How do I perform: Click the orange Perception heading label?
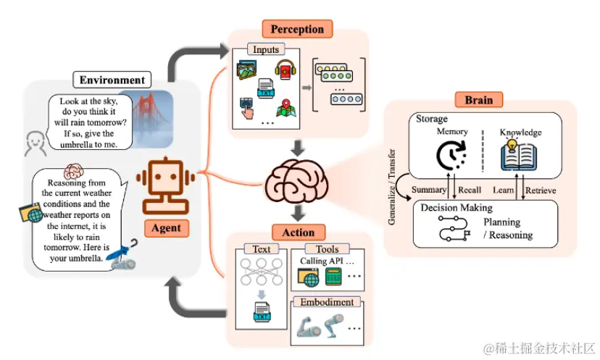click(x=297, y=29)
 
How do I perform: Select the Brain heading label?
click(x=479, y=100)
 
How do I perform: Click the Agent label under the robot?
click(x=166, y=228)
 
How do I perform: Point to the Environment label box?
click(x=112, y=80)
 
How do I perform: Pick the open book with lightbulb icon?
click(x=520, y=156)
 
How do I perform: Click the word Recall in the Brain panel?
click(x=470, y=190)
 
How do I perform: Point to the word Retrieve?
click(x=541, y=190)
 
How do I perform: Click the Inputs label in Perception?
click(x=265, y=50)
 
